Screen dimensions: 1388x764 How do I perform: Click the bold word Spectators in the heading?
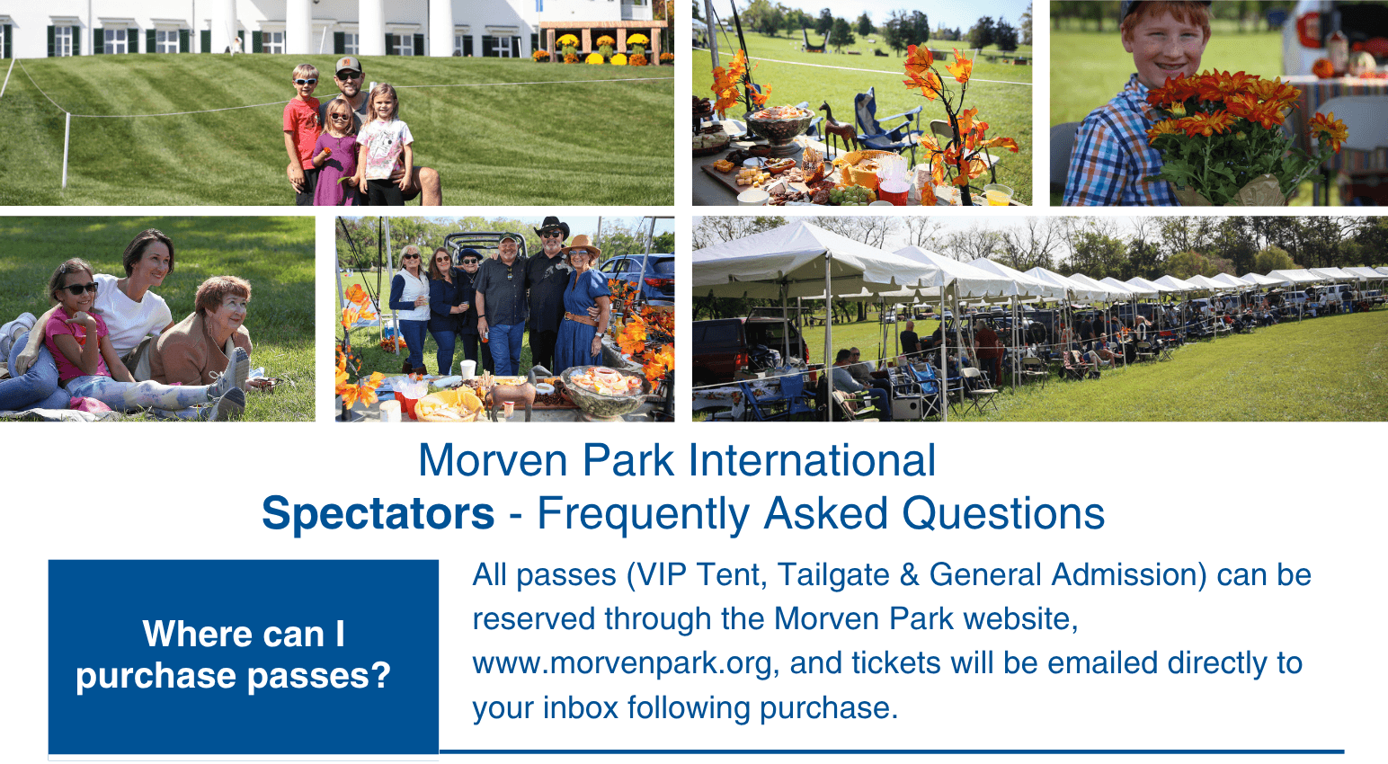coord(378,513)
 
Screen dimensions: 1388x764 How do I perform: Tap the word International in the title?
coord(812,460)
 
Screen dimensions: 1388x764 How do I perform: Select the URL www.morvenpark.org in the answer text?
coord(623,663)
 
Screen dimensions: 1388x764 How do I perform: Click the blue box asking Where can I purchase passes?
coord(244,657)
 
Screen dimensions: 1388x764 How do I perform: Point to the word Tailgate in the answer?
coord(833,574)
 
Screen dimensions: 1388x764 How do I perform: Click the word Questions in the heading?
coord(1002,513)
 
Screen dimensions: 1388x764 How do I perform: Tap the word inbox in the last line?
coord(581,707)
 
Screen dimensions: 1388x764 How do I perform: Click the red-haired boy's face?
coord(1165,43)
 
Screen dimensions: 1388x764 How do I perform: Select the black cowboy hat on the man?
coord(551,227)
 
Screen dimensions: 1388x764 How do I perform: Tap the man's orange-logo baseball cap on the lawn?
coord(348,64)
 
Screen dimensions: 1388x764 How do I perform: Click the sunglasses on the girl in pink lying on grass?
coord(80,289)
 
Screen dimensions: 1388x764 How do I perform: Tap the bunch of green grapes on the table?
coord(853,194)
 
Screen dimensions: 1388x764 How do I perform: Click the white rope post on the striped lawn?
coord(66,150)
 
